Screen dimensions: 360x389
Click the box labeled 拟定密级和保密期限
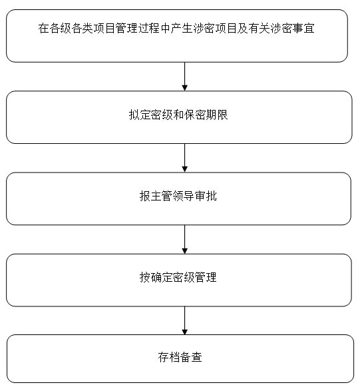[x=179, y=117]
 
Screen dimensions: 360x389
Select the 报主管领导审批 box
[x=178, y=198]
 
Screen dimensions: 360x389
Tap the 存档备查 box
[x=180, y=359]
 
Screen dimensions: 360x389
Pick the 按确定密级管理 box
[x=179, y=280]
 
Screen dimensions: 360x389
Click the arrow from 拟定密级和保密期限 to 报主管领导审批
[x=184, y=158]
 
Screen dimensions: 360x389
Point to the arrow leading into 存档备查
[x=184, y=320]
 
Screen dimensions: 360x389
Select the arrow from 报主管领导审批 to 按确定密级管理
[x=184, y=239]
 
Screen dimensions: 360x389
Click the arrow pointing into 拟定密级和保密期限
[x=184, y=77]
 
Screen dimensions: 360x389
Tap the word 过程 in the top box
[x=149, y=28]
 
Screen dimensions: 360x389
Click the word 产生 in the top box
[x=182, y=28]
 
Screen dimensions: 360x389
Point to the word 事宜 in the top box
[x=303, y=28]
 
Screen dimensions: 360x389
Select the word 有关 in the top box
[x=260, y=28]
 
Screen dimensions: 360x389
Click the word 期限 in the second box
[x=218, y=115]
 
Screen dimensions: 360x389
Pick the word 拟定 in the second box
[x=140, y=115]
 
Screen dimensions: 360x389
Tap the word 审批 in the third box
[x=206, y=196]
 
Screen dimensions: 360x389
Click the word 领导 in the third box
[x=184, y=196]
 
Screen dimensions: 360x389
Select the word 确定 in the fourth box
[x=162, y=277]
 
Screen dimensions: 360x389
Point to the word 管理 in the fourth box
[x=206, y=277]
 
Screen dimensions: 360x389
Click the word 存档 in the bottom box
[x=169, y=357]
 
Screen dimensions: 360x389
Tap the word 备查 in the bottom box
[x=191, y=357]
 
